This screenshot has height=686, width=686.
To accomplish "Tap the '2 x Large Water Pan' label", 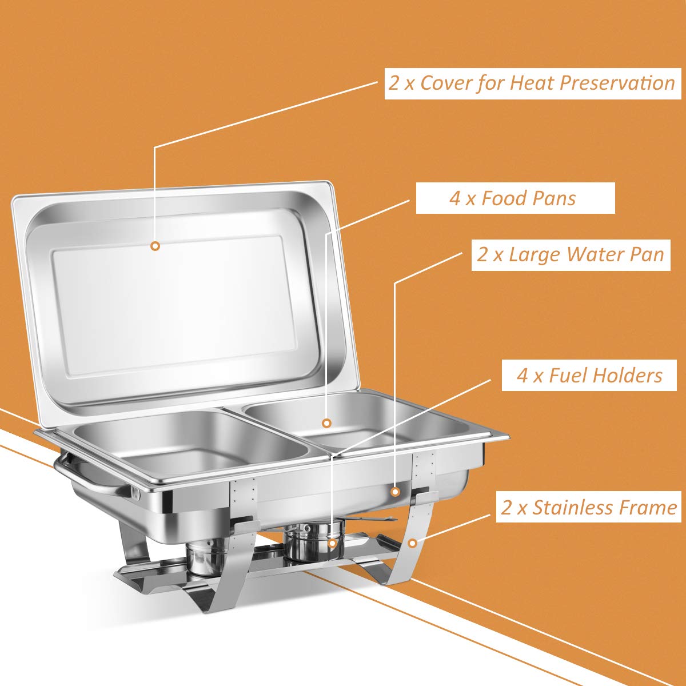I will [x=571, y=254].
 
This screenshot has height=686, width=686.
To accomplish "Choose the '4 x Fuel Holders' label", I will [x=589, y=376].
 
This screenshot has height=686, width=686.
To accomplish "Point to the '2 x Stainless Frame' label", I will [x=589, y=508].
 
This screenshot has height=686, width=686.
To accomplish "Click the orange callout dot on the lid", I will [x=155, y=246].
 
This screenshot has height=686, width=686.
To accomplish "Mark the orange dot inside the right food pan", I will [x=326, y=423].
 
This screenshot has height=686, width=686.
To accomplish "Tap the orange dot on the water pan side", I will [x=395, y=491].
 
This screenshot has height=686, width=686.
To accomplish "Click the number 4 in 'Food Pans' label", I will [x=455, y=199].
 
